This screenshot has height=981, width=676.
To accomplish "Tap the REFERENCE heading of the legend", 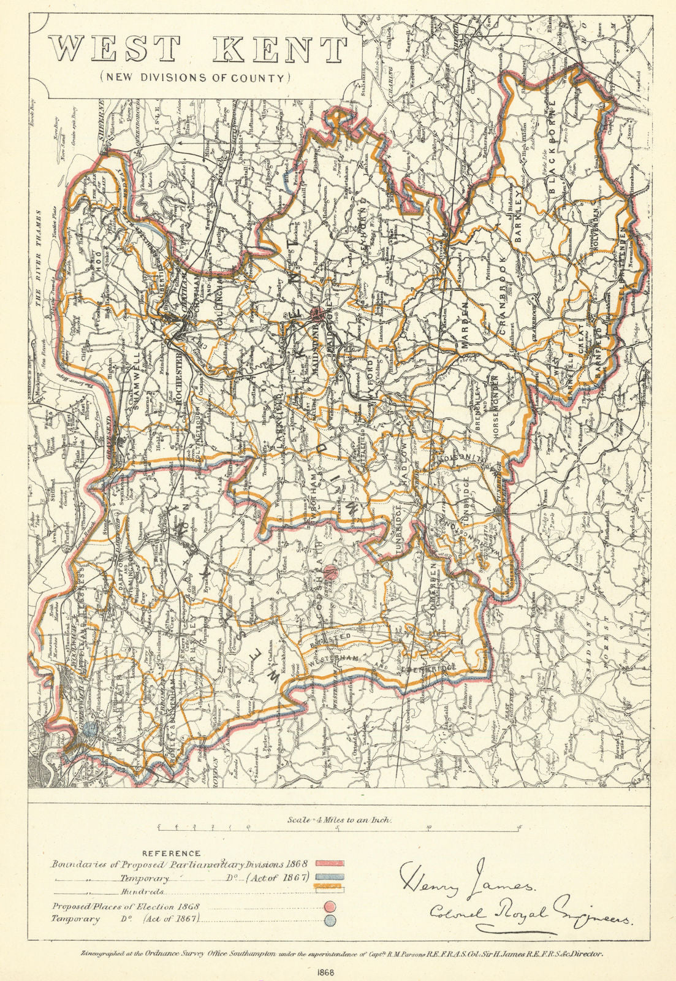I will click(x=171, y=853).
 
